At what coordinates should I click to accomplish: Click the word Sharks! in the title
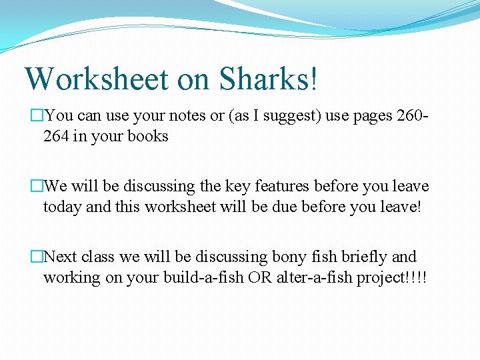(x=269, y=79)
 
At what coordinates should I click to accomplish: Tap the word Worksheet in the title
(x=97, y=79)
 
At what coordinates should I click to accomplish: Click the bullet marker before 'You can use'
(x=37, y=115)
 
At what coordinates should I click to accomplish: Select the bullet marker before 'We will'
(x=37, y=186)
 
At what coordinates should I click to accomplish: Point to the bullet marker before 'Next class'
(x=37, y=257)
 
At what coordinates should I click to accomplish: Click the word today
(x=63, y=207)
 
